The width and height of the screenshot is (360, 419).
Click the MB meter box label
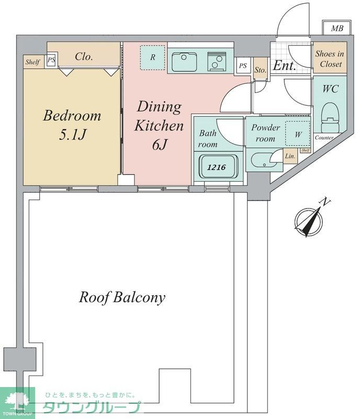(x=337, y=28)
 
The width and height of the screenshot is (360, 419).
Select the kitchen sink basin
(x=184, y=62)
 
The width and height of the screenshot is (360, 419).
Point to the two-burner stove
(x=217, y=61)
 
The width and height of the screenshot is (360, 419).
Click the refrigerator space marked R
(x=152, y=58)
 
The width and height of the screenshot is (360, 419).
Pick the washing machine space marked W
(x=298, y=134)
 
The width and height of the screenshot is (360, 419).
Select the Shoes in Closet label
(x=330, y=59)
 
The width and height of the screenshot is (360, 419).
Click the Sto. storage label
(x=260, y=70)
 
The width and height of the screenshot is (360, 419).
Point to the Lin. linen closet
(x=290, y=156)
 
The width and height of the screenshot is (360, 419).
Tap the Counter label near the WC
(x=324, y=138)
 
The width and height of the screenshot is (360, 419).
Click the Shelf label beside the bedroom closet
(x=32, y=62)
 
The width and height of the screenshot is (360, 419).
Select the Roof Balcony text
(x=122, y=297)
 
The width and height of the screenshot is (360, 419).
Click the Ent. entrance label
(x=285, y=65)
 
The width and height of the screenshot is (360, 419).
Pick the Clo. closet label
(x=84, y=57)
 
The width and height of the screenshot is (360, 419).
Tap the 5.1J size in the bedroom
(x=72, y=135)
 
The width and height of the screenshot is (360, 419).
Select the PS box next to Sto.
(x=243, y=66)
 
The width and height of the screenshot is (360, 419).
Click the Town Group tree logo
(x=17, y=401)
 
